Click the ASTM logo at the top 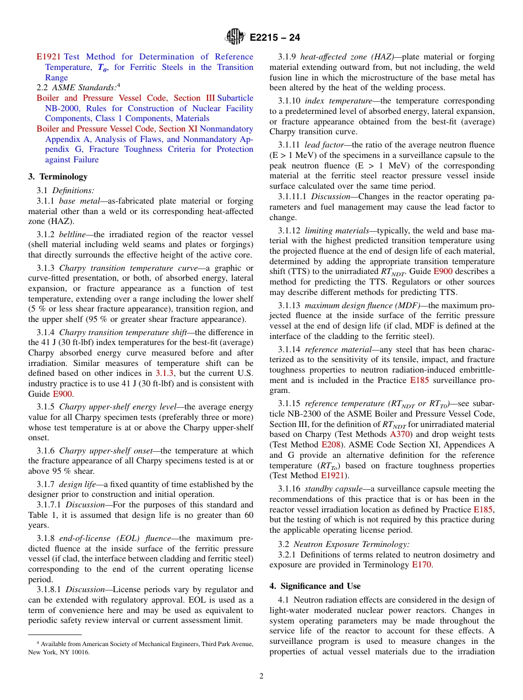[235, 37]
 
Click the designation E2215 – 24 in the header [275, 37]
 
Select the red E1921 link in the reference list [48, 57]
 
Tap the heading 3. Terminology [58, 177]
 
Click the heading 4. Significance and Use [315, 586]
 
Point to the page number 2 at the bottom [261, 676]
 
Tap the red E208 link [331, 445]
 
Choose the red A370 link [401, 434]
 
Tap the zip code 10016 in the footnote [80, 652]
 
